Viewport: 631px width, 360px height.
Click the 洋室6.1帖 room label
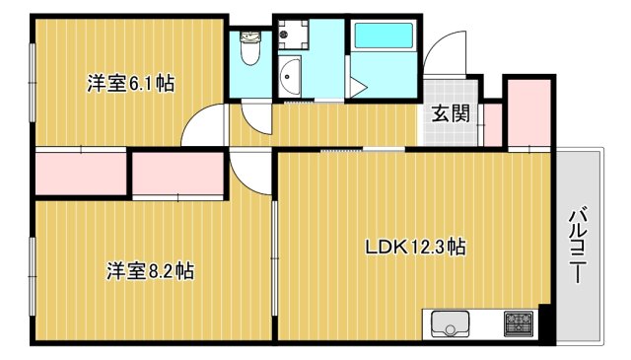pos(131,85)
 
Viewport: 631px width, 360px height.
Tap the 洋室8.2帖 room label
pos(150,270)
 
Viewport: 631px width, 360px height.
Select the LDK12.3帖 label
pos(414,249)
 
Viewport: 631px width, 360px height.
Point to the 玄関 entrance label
pos(450,112)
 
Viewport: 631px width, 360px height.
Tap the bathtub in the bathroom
pos(386,37)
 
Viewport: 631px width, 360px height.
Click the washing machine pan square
pos(291,36)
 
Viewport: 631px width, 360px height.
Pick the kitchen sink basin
pos(453,324)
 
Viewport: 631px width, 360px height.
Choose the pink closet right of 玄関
pos(527,110)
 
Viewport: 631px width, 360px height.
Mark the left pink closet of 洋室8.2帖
pos(81,174)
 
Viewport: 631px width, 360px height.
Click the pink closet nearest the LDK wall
pos(177,175)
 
